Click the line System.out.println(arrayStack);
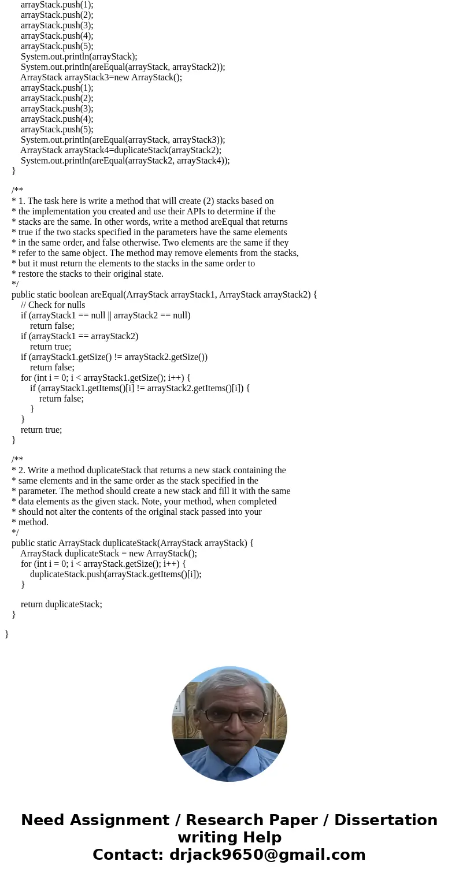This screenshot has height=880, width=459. click(79, 57)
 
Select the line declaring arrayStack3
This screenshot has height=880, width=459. click(101, 77)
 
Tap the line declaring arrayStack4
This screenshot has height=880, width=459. click(121, 150)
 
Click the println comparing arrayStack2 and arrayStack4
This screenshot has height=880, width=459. click(125, 161)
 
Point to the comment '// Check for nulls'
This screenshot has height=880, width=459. click(53, 305)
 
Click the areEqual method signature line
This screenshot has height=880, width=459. click(164, 295)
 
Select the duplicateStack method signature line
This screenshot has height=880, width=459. click(132, 543)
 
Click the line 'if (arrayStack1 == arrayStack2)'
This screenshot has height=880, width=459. click(79, 336)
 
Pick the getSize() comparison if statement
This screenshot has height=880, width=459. click(114, 357)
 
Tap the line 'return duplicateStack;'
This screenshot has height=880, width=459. click(61, 604)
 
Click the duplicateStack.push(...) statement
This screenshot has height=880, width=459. click(116, 574)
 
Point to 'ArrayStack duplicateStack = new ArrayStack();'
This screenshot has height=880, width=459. click(109, 554)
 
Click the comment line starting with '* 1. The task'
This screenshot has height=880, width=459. click(142, 201)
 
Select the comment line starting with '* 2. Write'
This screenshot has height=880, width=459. click(149, 470)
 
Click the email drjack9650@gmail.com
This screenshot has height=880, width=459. click(267, 855)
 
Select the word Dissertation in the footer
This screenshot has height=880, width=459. click(386, 820)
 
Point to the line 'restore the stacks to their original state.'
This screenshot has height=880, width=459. click(87, 274)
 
